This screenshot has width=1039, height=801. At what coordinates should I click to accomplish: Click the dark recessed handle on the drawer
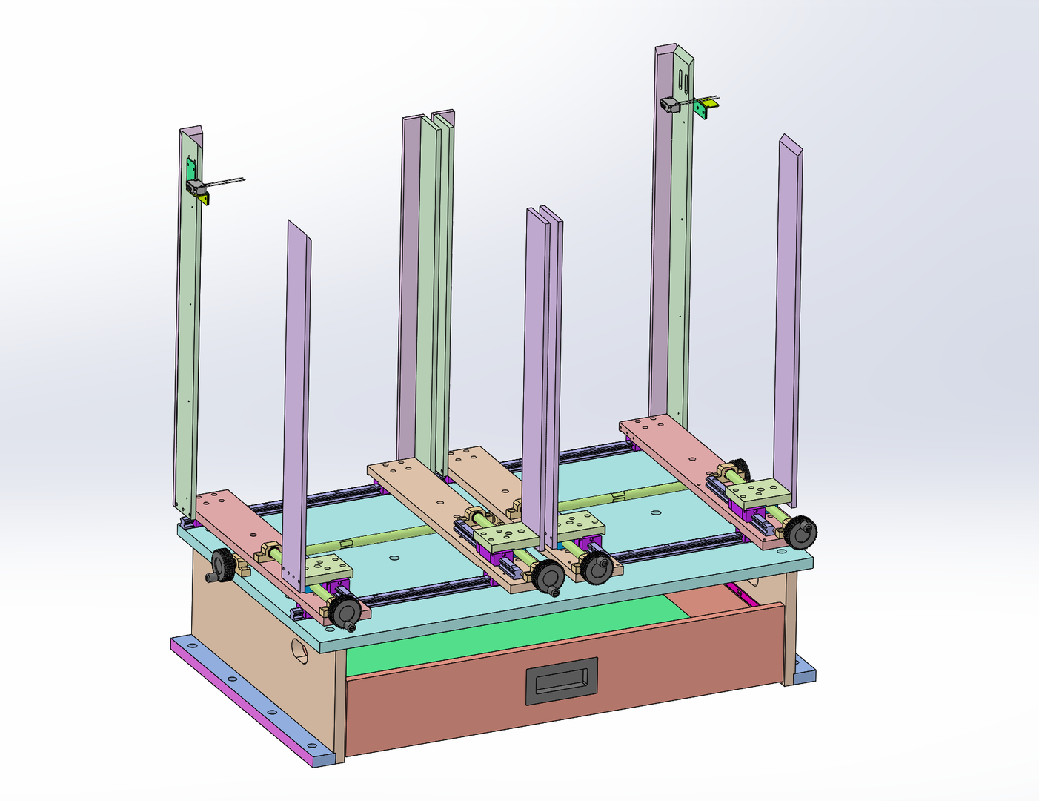point(561,680)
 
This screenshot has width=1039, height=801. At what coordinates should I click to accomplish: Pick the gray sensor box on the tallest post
point(670,105)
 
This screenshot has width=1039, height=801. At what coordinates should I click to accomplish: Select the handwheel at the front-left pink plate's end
point(345,611)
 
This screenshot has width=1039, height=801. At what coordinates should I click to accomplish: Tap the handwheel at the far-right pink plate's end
point(800,531)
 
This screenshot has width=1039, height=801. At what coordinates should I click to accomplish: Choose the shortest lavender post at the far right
point(788,311)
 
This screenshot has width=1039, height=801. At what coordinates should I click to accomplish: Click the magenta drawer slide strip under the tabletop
point(741,593)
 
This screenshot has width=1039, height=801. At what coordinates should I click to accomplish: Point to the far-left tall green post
point(188,319)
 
